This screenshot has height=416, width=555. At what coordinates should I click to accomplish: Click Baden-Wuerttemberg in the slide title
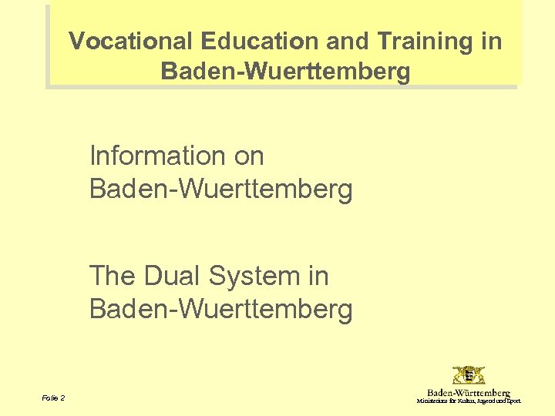click(x=285, y=72)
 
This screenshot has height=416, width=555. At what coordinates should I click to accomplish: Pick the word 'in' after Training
click(x=491, y=41)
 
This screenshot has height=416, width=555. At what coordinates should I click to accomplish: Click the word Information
click(x=155, y=156)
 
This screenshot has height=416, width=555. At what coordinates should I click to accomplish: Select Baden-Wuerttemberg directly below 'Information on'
click(x=220, y=188)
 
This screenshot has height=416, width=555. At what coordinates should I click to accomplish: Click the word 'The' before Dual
click(x=113, y=276)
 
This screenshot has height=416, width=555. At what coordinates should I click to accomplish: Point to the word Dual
click(x=170, y=276)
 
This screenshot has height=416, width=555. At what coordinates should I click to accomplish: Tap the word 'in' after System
click(x=318, y=276)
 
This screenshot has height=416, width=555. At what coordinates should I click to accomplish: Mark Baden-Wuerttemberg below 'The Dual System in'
click(x=220, y=309)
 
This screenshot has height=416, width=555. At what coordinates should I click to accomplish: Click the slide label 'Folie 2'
click(x=54, y=398)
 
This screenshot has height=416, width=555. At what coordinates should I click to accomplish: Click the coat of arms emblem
click(x=469, y=376)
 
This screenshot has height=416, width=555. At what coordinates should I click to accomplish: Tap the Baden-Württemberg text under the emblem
click(x=469, y=393)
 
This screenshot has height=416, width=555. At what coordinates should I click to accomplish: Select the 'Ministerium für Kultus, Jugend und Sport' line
click(x=469, y=401)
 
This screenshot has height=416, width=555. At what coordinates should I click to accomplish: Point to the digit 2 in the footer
click(x=62, y=398)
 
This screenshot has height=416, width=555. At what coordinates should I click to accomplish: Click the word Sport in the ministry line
click(x=514, y=401)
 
